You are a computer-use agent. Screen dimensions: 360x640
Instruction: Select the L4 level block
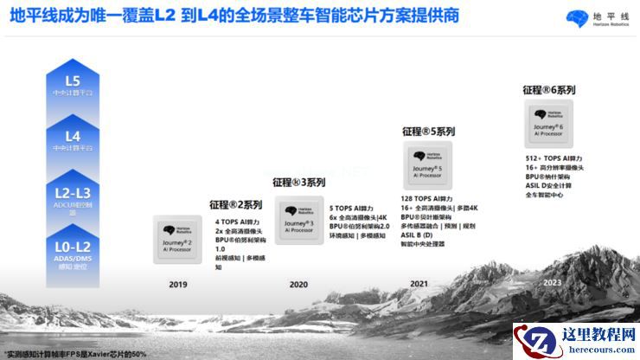pos(73,141)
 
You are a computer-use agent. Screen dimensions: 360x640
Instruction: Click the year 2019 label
pos(178,283)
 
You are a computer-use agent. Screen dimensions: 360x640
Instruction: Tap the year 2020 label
pos(298,283)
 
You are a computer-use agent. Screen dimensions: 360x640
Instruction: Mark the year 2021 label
pos(419,283)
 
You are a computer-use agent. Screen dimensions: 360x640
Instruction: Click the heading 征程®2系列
pos(234,205)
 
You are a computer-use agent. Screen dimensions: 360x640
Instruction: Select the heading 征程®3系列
pos(298,183)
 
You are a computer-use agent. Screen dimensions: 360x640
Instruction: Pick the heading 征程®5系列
pos(428,132)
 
